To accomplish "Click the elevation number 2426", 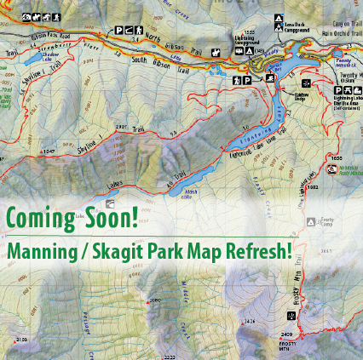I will coord(249,321).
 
